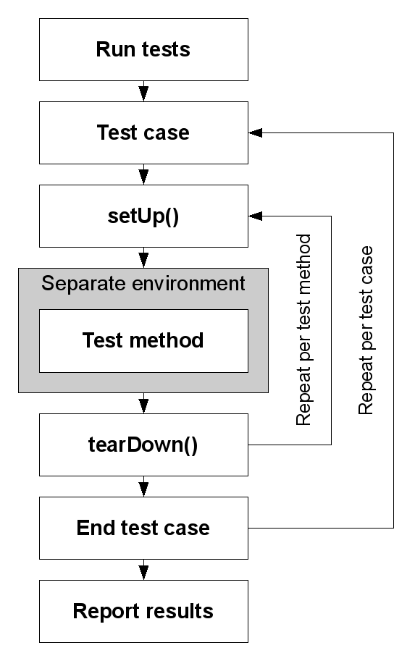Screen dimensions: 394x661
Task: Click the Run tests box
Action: click(143, 49)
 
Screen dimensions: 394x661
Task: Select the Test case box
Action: click(143, 132)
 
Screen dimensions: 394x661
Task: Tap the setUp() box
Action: click(143, 216)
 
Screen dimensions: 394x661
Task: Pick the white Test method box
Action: click(143, 340)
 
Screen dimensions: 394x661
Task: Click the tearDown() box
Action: click(143, 445)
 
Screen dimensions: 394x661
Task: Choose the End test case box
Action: click(143, 528)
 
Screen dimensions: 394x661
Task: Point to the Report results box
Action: click(143, 611)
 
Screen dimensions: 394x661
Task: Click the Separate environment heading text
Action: click(143, 284)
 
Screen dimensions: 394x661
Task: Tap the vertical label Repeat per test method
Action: click(303, 329)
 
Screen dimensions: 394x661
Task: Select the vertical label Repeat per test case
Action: click(366, 330)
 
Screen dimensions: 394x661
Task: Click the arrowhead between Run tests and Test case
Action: click(144, 93)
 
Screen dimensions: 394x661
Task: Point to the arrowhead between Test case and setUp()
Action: click(144, 177)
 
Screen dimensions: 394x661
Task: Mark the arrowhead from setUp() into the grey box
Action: click(144, 261)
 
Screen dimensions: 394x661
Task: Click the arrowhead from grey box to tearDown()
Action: click(144, 406)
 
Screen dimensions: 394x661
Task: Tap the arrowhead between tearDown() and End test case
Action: click(144, 489)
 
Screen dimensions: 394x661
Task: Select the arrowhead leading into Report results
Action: click(144, 573)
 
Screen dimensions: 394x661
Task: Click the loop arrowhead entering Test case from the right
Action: click(256, 132)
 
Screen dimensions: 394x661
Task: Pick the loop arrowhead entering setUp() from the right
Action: click(256, 216)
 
